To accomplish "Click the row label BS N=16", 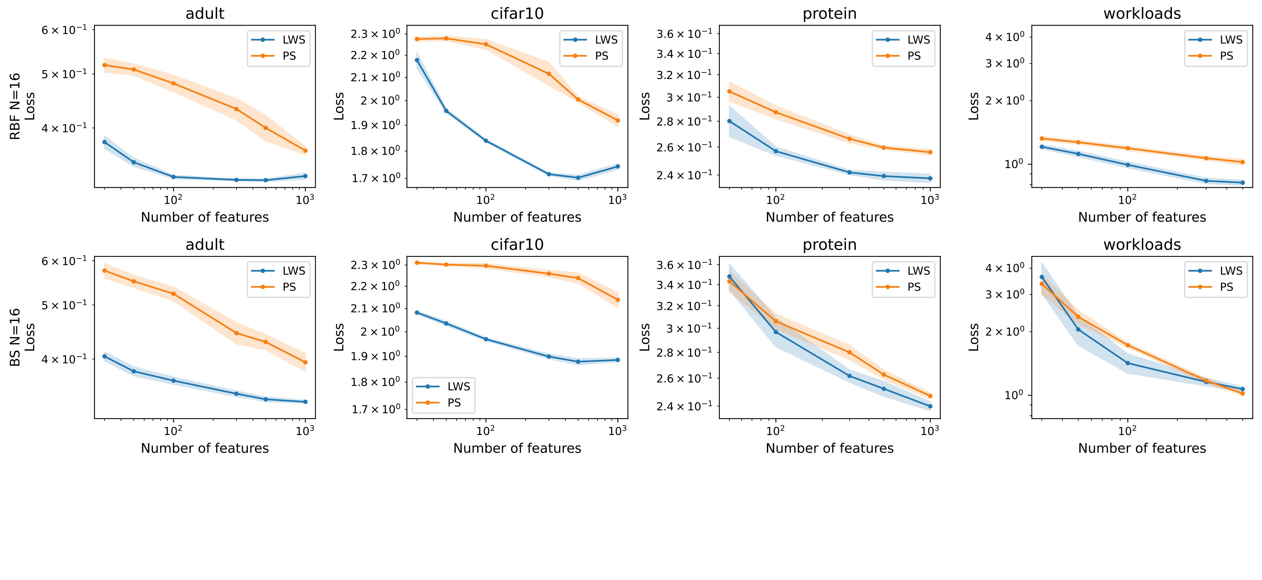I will [x=15, y=337].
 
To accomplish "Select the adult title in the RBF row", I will [x=205, y=14].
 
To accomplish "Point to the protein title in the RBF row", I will [x=829, y=14].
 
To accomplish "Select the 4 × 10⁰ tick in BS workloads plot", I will [x=1005, y=268].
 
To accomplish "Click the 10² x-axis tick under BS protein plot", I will [x=775, y=430].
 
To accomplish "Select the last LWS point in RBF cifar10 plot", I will [x=617, y=166].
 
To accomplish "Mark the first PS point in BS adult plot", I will [x=104, y=270].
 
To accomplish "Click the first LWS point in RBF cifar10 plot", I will [x=417, y=60].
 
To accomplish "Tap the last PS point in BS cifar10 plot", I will [x=617, y=300].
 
